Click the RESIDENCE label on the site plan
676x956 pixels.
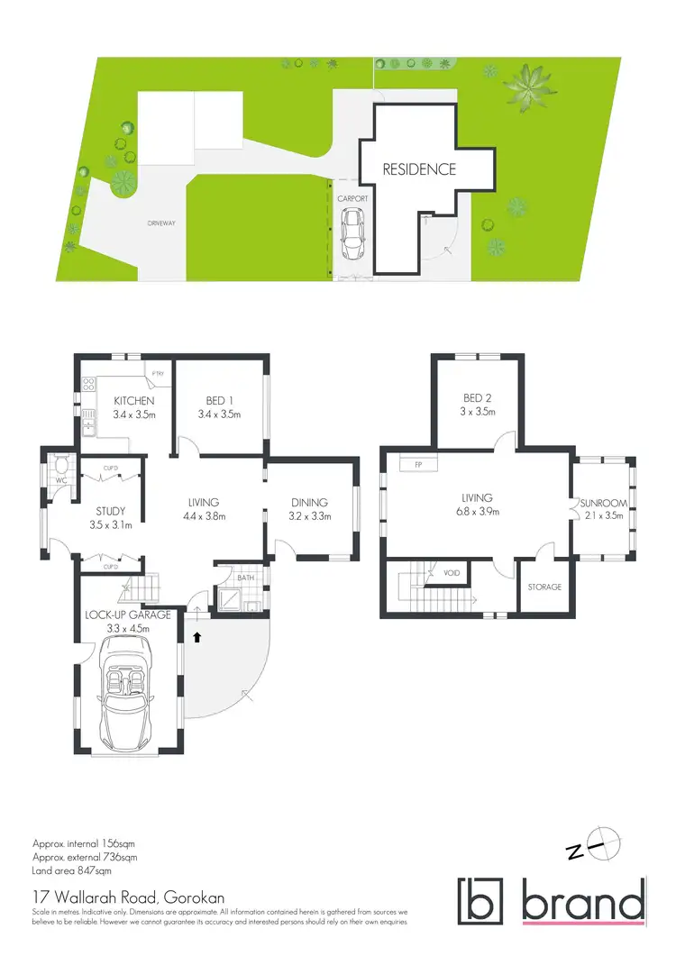point(419,168)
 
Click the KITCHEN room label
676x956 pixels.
point(134,401)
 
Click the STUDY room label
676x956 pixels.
point(107,512)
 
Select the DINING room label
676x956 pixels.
point(308,503)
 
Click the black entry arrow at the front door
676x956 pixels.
point(196,636)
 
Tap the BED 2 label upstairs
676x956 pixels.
point(477,397)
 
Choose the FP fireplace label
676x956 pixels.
point(418,465)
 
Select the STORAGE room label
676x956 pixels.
point(544,587)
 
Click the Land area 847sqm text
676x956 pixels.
point(71,871)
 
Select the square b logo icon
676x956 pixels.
point(483,900)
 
